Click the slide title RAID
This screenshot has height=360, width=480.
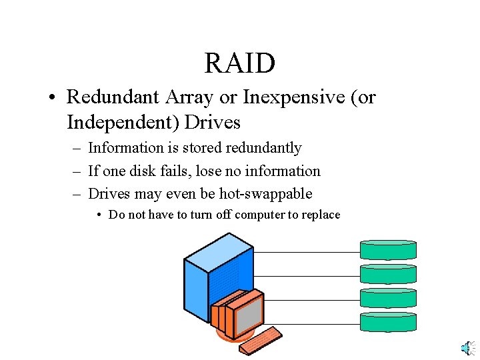click(239, 63)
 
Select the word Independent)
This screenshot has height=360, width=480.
click(123, 123)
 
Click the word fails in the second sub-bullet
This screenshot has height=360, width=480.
click(165, 171)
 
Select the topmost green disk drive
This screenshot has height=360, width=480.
click(388, 250)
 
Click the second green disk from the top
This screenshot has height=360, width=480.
click(388, 274)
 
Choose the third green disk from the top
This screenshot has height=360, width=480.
click(388, 298)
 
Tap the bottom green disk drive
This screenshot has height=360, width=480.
click(388, 322)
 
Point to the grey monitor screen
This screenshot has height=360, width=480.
click(248, 314)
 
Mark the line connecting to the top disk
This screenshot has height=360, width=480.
click(307, 253)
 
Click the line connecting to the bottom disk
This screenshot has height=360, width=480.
click(313, 324)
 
